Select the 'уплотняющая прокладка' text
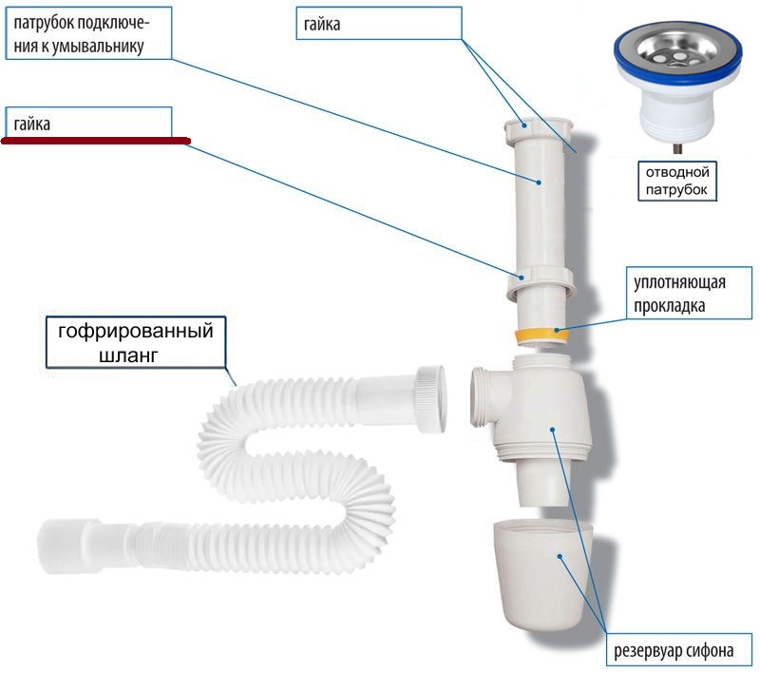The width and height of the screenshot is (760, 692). tap(680, 295)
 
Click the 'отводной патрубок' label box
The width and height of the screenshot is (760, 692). tap(677, 181)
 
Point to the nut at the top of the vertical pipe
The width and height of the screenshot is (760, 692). tap(542, 127)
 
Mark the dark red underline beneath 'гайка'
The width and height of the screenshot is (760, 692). tap(96, 141)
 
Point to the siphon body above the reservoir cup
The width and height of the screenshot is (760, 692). tap(551, 418)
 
